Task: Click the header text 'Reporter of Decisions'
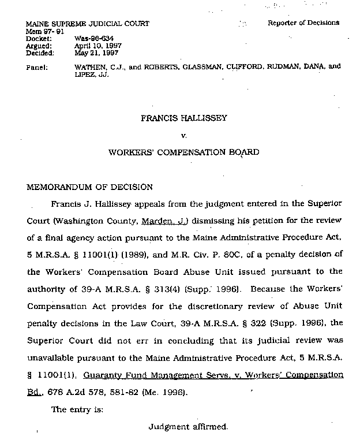pos(303,23)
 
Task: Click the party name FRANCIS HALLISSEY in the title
pos(183,118)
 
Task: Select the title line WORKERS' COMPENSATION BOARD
pos(183,153)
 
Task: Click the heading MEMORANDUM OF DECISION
pos(89,187)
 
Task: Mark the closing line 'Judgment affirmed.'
pos(188,427)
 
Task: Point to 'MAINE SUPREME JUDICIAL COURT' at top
pos(88,24)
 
